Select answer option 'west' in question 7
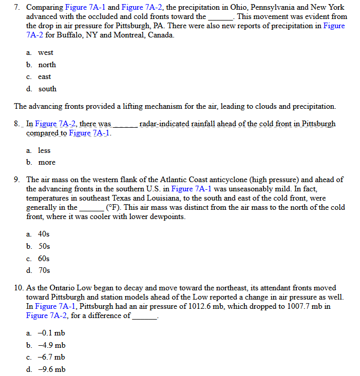tap(45, 53)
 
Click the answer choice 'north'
tap(47, 65)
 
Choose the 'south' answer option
tap(47, 89)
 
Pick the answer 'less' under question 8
tap(44, 150)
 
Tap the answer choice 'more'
tap(46, 162)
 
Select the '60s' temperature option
tap(44, 258)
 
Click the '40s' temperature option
tap(44, 234)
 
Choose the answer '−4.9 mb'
tap(51, 345)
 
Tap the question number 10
tap(19, 288)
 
